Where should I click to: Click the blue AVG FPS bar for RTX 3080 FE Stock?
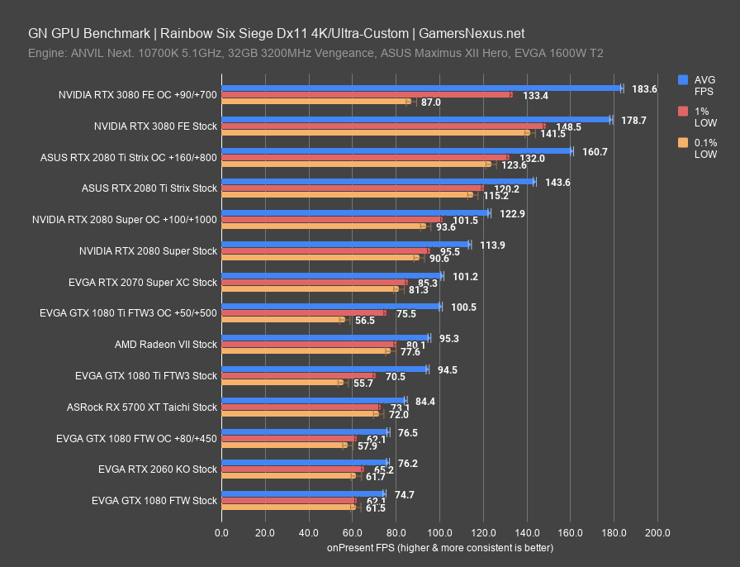point(415,119)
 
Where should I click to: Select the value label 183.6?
point(644,88)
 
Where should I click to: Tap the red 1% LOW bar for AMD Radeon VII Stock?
point(308,344)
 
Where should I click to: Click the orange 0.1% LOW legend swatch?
point(683,143)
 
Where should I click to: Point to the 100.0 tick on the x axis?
point(439,532)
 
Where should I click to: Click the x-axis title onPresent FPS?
point(439,547)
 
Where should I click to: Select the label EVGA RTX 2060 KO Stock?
point(157,469)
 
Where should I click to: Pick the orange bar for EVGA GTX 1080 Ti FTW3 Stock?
point(282,383)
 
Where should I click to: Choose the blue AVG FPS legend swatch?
point(683,79)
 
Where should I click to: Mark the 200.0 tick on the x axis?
point(657,532)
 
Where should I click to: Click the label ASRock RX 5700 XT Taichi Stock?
point(142,407)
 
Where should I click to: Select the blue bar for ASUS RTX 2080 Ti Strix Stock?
point(377,181)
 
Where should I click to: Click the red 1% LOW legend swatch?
point(683,111)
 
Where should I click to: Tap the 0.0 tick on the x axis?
point(221,532)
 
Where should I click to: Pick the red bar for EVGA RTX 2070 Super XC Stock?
point(314,282)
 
